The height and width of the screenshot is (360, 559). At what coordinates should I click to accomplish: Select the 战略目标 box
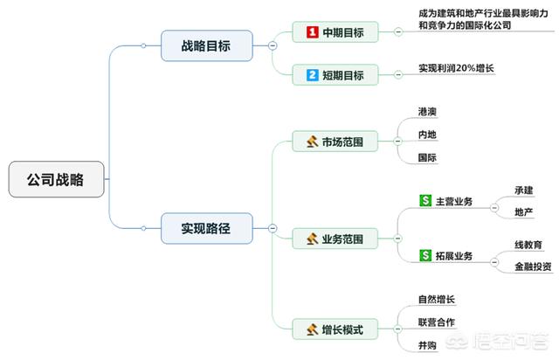(207, 45)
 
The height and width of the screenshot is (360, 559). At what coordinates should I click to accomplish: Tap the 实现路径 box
(207, 228)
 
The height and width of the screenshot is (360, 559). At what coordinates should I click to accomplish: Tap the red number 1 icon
(312, 32)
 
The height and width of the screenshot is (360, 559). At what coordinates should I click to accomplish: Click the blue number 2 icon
(312, 74)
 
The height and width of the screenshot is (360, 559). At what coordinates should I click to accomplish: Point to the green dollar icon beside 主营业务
(426, 201)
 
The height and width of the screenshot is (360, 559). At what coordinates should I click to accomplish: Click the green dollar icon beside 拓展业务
(426, 255)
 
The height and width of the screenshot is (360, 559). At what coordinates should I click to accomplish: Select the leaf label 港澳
(428, 113)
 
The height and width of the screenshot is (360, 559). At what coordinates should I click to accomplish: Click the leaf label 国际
(428, 158)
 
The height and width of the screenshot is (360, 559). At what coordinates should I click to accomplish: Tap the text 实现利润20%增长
(456, 67)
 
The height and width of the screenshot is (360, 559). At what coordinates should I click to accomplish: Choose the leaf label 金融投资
(533, 267)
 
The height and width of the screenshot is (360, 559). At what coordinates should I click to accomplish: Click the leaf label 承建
(524, 190)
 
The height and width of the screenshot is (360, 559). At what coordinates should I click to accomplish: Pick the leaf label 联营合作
(438, 322)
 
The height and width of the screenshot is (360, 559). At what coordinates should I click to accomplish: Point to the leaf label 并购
(428, 345)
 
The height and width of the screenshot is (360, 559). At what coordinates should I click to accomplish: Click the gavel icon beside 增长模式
(312, 329)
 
